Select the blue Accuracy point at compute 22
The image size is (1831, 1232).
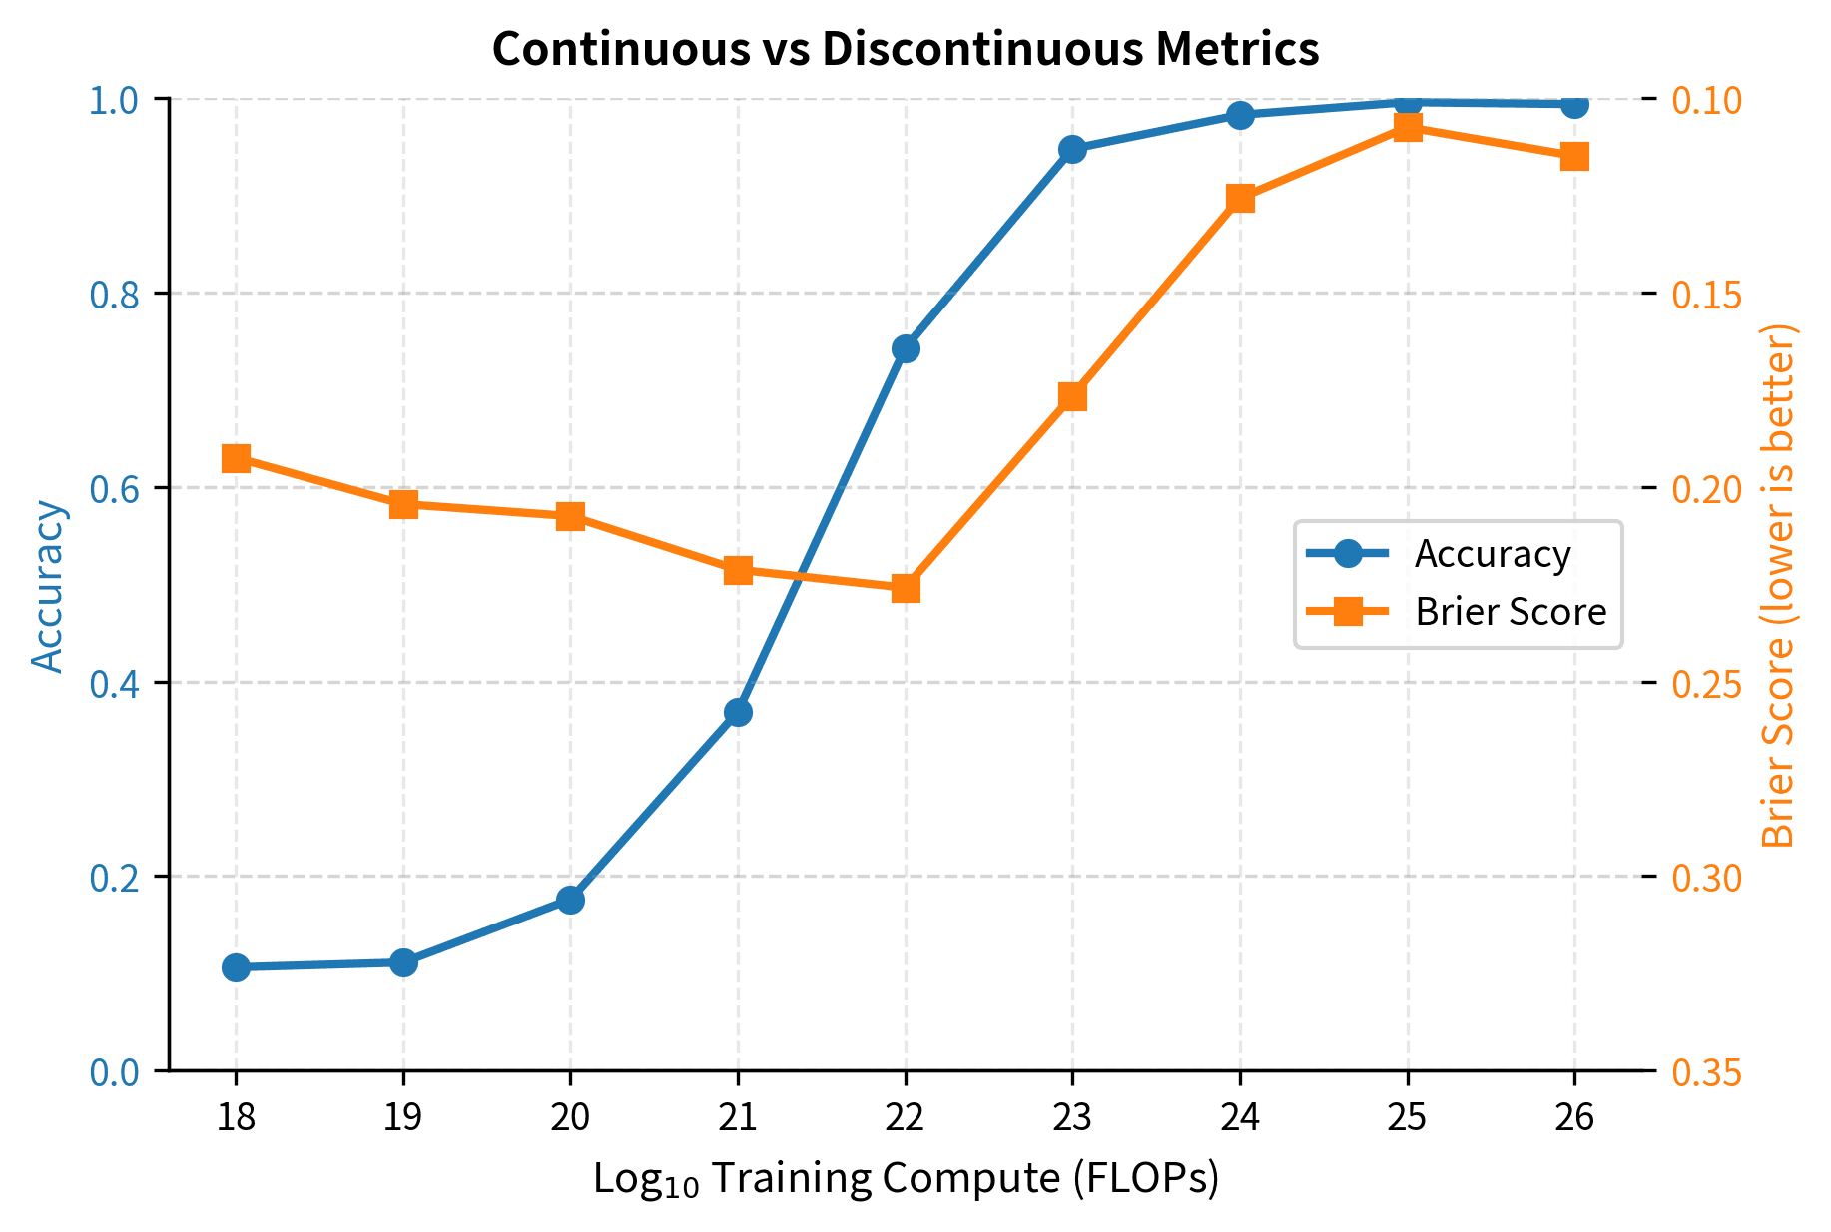click(906, 348)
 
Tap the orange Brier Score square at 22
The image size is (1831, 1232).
click(906, 588)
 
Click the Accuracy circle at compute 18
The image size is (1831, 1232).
click(236, 967)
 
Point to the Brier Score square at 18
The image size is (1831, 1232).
click(236, 459)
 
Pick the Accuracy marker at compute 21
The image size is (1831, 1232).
click(738, 712)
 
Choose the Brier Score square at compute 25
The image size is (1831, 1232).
click(1408, 127)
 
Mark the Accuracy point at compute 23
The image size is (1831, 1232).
click(1072, 149)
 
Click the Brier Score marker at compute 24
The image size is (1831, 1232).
click(1240, 198)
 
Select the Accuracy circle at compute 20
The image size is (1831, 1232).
click(570, 900)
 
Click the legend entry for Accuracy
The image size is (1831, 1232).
click(1492, 554)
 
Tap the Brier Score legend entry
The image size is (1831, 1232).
click(1510, 611)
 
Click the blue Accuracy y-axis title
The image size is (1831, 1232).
click(47, 586)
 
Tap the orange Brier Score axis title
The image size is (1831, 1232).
click(1779, 586)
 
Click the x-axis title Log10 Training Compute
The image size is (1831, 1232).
click(906, 1179)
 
